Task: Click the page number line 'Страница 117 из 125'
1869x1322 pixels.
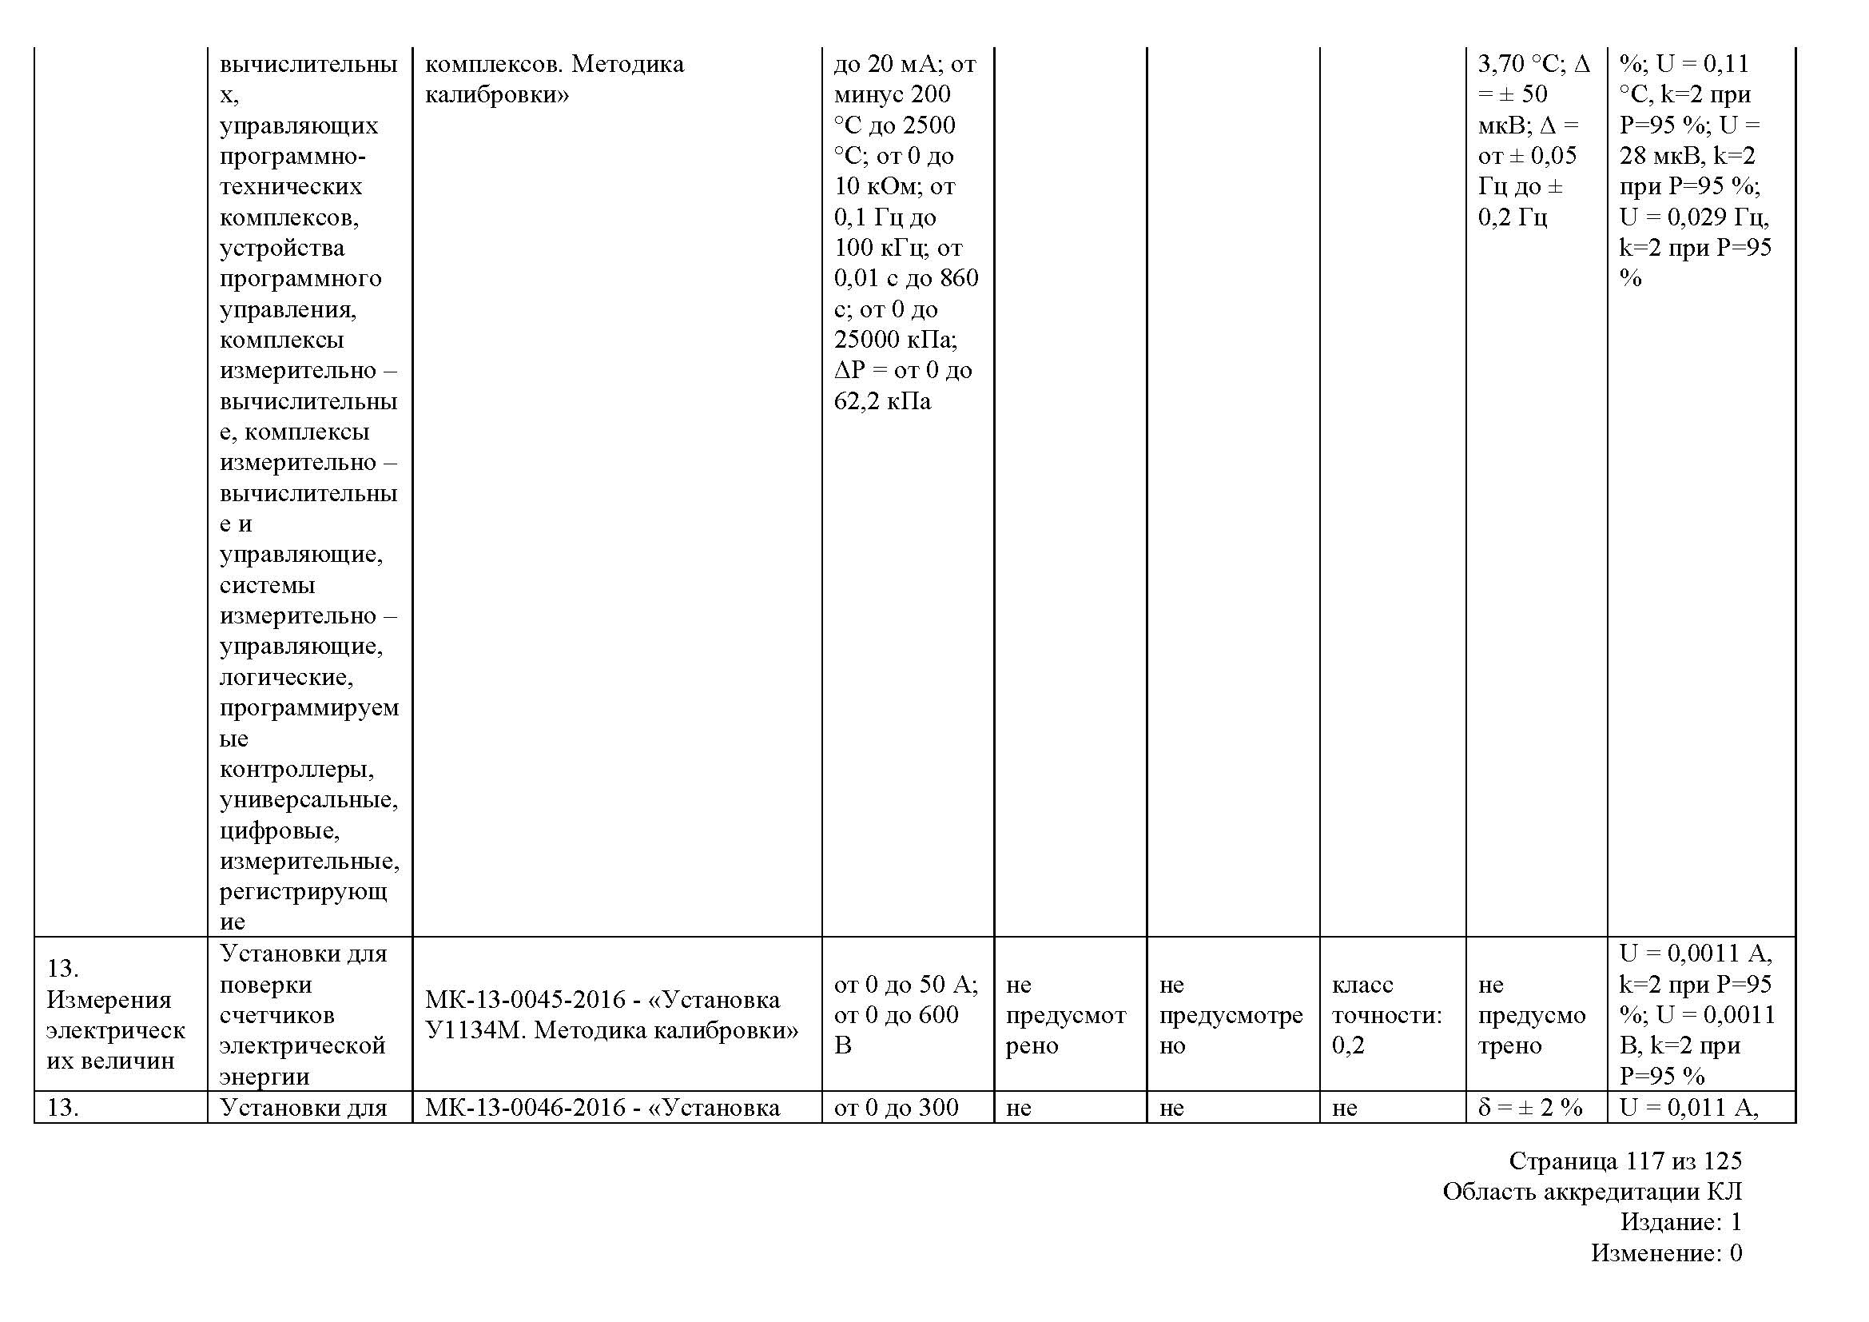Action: click(1624, 1160)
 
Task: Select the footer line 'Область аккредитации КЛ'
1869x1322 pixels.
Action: click(1592, 1191)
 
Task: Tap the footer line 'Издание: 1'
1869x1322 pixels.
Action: click(1680, 1222)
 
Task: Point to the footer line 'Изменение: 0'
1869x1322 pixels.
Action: click(1665, 1252)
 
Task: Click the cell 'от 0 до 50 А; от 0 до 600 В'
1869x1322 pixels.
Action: click(905, 1014)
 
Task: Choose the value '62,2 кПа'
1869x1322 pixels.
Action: click(881, 401)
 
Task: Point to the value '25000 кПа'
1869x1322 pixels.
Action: click(895, 340)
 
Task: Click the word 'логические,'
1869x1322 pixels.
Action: click(286, 677)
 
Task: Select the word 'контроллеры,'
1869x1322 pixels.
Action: click(296, 769)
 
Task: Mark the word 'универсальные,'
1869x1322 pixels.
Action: click(308, 800)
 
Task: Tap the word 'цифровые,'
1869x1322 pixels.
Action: click(279, 831)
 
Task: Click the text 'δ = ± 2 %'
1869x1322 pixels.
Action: click(1529, 1107)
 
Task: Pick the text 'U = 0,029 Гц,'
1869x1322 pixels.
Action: click(1693, 217)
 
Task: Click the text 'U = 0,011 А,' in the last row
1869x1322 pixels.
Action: click(1688, 1107)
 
